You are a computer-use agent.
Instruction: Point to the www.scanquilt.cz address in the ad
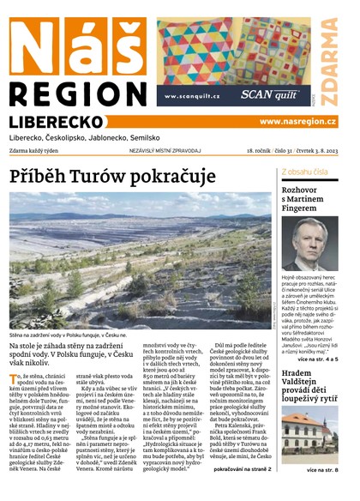[x=189, y=96]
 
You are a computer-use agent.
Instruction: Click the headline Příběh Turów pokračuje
[x=112, y=176]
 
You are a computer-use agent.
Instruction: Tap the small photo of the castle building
[x=310, y=436]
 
